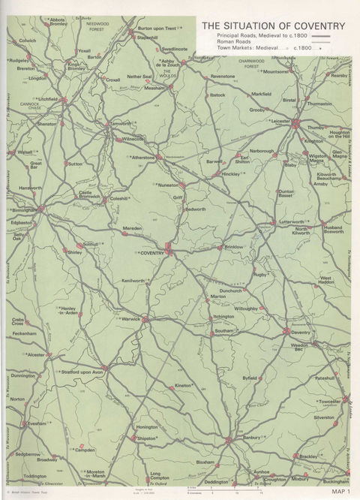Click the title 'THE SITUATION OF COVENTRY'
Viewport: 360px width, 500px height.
[273, 26]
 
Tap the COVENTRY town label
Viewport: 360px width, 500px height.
[152, 254]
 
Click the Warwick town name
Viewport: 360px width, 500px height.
[132, 318]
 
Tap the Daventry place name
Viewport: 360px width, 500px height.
[301, 332]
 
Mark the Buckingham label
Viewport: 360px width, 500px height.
[336, 481]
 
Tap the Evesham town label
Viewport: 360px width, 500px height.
[37, 423]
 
